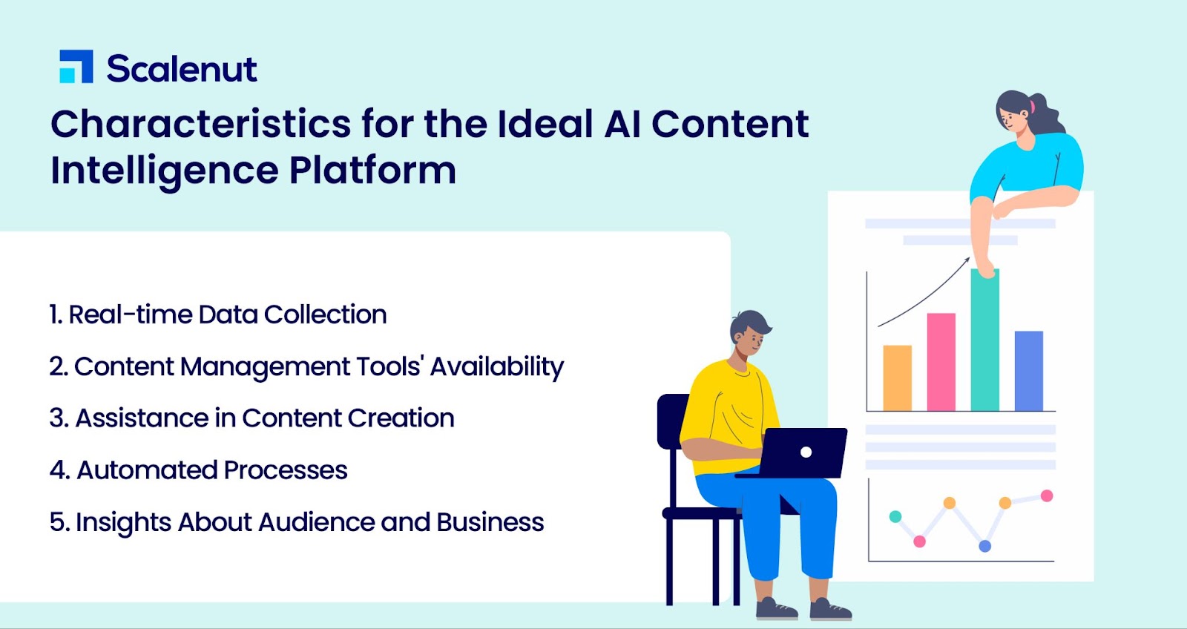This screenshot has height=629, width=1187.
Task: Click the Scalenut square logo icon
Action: click(x=76, y=67)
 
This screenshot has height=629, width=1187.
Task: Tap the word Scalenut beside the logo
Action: click(x=182, y=68)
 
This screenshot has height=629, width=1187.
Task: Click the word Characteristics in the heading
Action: click(x=201, y=124)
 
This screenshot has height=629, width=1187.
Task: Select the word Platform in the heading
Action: click(x=372, y=170)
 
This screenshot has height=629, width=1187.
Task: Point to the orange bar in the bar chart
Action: click(x=897, y=378)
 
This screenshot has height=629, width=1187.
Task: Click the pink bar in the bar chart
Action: click(x=941, y=362)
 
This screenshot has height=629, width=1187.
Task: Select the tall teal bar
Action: click(x=985, y=340)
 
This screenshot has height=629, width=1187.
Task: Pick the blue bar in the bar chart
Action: click(x=1029, y=371)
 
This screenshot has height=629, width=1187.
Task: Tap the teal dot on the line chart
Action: click(x=895, y=516)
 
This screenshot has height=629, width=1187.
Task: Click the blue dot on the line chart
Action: click(x=985, y=546)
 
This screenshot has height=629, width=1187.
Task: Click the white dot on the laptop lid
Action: click(x=806, y=452)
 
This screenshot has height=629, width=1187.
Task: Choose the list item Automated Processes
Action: click(x=199, y=470)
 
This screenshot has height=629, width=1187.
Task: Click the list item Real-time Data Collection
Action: click(x=218, y=314)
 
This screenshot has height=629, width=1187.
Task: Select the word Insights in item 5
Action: click(x=123, y=522)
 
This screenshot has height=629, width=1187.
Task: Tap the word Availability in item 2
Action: click(x=497, y=366)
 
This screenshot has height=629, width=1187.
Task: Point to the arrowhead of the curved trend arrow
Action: click(x=967, y=260)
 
